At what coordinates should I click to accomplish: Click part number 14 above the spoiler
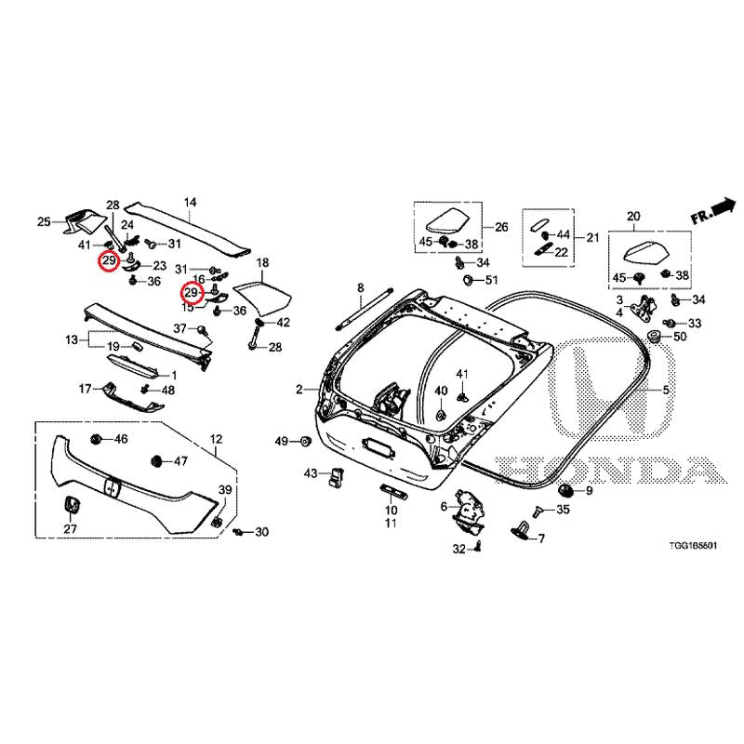pos(190,202)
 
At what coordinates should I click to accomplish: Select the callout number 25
pos(43,221)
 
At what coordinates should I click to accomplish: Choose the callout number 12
pos(216,438)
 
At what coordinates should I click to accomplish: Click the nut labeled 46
pos(96,438)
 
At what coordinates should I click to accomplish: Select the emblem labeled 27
pos(70,505)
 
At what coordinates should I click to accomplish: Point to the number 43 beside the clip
pos(311,474)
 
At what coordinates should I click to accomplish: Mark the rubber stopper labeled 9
pos(565,489)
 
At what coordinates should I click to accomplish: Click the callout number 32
pos(458,550)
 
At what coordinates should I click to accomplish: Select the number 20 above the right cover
pos(634,217)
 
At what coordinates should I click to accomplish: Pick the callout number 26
pos(501,226)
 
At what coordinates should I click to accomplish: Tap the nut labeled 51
pos(464,280)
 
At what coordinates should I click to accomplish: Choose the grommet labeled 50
pos(655,335)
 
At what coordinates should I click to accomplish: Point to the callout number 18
pos(262,263)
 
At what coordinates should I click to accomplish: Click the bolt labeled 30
pos(239,532)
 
